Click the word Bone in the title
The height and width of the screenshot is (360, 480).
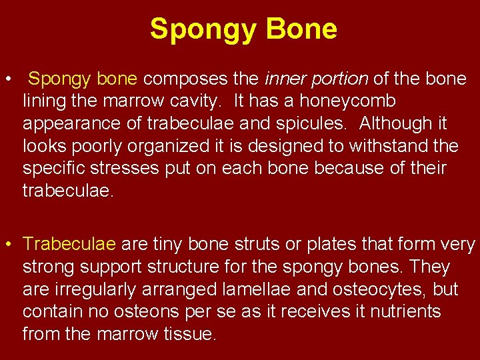tap(302, 29)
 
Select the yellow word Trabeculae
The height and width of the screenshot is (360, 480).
tap(70, 245)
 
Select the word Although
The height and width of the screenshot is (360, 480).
tap(405, 123)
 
